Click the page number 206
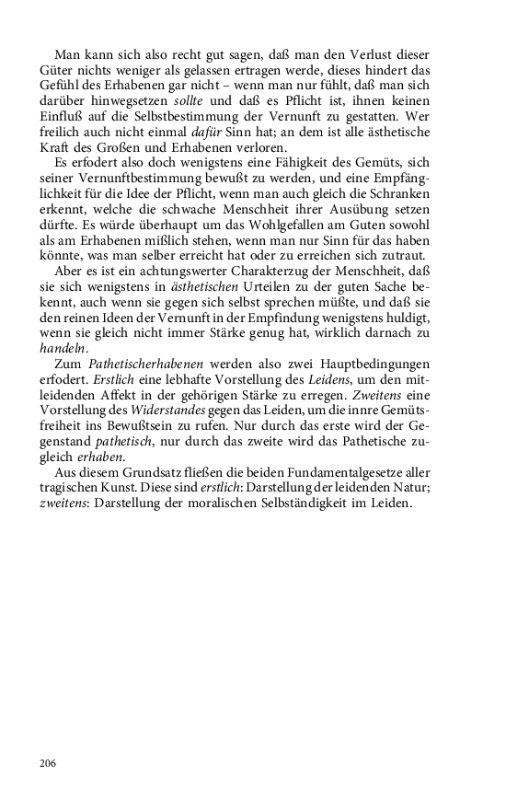(49, 763)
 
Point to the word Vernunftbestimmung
(121, 176)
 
